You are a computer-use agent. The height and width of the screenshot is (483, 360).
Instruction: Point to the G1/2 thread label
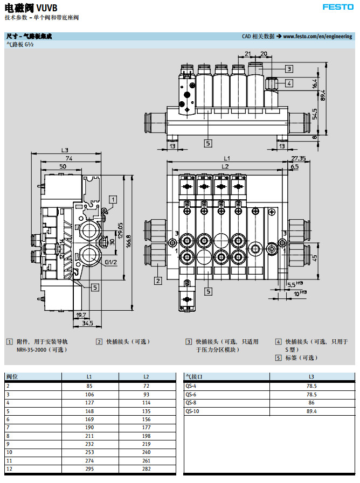point(111,262)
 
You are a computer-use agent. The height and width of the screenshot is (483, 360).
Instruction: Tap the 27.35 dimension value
point(298,158)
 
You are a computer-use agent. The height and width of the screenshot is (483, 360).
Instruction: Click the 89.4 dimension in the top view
point(323,96)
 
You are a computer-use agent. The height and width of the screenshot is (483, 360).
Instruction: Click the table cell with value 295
point(89,469)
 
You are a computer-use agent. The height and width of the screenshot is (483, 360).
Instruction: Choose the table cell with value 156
point(146,419)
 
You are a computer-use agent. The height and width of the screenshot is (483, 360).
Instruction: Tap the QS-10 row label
point(192,411)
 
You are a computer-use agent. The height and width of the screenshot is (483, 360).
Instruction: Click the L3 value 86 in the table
point(311,402)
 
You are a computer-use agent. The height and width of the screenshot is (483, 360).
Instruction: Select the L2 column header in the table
point(146,376)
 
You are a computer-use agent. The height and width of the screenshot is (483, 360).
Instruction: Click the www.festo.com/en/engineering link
point(317,37)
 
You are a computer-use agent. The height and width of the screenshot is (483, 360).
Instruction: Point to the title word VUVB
point(49,7)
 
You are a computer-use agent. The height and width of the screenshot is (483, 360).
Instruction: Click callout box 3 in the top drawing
point(289,69)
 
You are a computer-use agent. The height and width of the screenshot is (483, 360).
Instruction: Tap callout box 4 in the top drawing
point(289,83)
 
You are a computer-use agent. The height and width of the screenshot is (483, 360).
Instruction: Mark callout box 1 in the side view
point(113,199)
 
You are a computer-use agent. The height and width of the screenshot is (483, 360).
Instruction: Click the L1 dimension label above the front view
point(227,158)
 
